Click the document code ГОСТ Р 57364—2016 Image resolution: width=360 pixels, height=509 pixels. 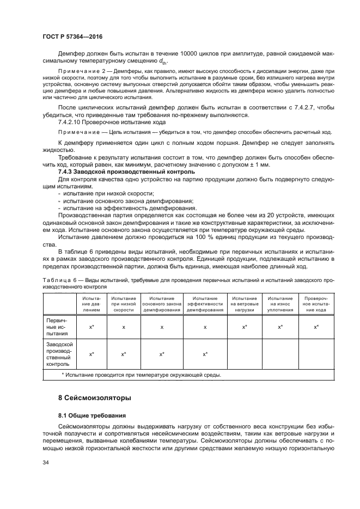[x=72, y=36]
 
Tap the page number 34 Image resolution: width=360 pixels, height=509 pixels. [x=46, y=462]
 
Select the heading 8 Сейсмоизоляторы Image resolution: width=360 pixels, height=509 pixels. [x=94, y=398]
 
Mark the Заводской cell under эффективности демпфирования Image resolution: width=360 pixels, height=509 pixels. [x=205, y=354]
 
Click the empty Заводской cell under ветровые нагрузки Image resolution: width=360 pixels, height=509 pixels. [x=245, y=354]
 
